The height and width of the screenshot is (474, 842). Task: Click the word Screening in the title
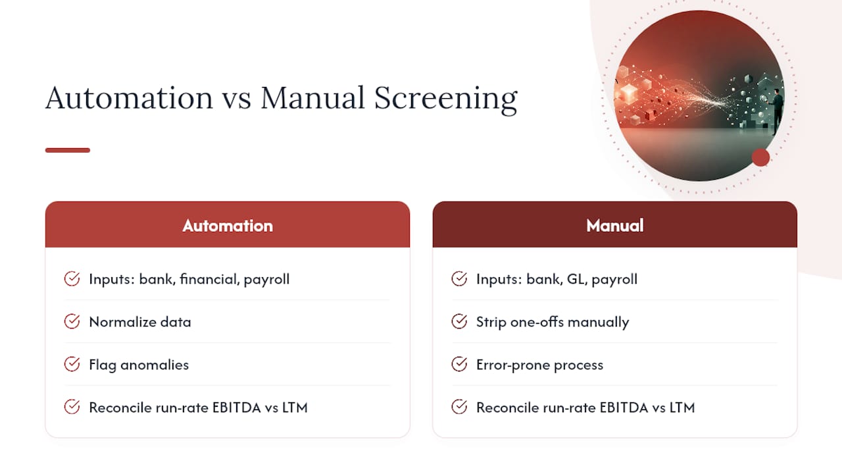coord(446,99)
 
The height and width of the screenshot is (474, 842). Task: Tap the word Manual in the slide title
coord(312,98)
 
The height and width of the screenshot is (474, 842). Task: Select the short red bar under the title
coord(68,150)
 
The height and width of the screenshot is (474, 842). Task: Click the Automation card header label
coord(228,226)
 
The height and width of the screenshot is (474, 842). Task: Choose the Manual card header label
coord(615,226)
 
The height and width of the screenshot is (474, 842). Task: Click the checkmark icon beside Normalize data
coord(72,322)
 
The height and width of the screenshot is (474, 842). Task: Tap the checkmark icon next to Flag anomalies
coord(72,364)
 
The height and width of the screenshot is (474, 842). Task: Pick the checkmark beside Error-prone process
coord(459,364)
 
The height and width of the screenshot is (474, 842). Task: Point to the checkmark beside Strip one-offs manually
coord(459,322)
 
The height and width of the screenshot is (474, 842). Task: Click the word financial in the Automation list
coord(209,279)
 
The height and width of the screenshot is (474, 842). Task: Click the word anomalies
coord(155,365)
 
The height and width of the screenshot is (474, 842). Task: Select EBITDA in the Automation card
coord(236,408)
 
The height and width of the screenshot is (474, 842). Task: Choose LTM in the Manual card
coord(682,408)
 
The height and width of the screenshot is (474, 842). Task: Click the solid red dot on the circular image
coord(761,157)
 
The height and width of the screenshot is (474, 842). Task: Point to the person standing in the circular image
coord(777,112)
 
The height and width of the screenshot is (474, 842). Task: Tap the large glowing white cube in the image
coord(628,93)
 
